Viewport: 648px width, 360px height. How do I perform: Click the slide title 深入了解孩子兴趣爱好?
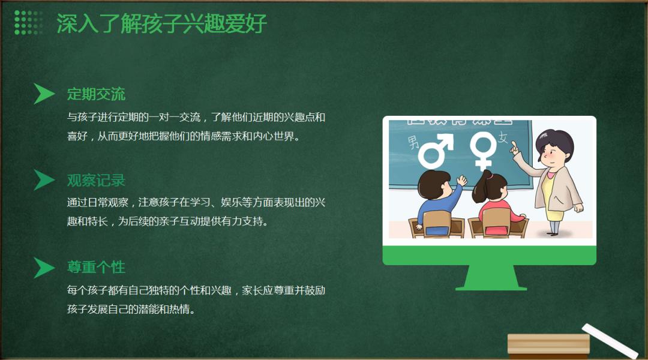pyautogui.click(x=161, y=23)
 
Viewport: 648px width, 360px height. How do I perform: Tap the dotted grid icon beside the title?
pyautogui.click(x=29, y=22)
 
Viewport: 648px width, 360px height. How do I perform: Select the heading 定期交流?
pyautogui.click(x=96, y=94)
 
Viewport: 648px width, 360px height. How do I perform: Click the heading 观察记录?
pyautogui.click(x=96, y=181)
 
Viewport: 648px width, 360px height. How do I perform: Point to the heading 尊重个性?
pyautogui.click(x=96, y=267)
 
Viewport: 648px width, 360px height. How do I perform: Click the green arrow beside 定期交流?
pyautogui.click(x=43, y=94)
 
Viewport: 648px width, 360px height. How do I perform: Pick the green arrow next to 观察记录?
pyautogui.click(x=43, y=180)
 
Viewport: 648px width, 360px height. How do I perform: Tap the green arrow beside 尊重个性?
pyautogui.click(x=43, y=268)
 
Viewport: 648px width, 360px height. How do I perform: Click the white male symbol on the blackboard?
pyautogui.click(x=436, y=151)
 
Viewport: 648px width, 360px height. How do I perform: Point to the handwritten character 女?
pyautogui.click(x=503, y=137)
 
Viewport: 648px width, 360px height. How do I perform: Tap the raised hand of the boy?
pyautogui.click(x=461, y=180)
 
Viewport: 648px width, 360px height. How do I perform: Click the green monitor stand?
pyautogui.click(x=491, y=277)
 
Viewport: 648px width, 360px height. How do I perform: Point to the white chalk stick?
pyautogui.click(x=610, y=341)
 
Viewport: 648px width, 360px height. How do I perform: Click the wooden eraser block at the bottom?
pyautogui.click(x=548, y=346)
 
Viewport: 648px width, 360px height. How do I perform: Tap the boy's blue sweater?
pyautogui.click(x=438, y=206)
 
